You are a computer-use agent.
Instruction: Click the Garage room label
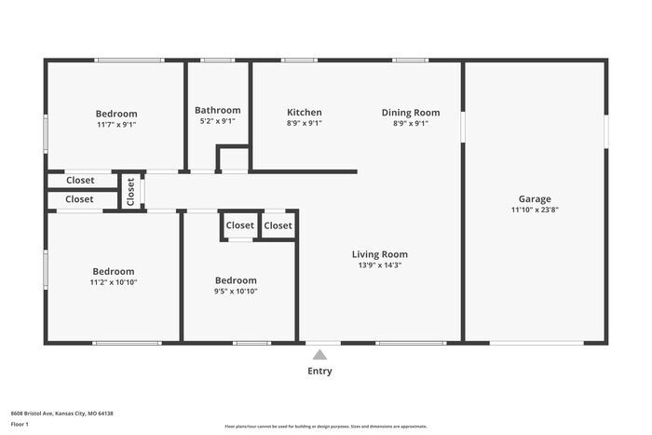pyautogui.click(x=535, y=198)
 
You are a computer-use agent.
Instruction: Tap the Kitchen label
pyautogui.click(x=305, y=113)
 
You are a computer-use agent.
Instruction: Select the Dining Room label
pyautogui.click(x=411, y=113)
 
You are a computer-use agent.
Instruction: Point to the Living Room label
pyautogui.click(x=380, y=254)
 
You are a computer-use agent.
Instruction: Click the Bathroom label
pyautogui.click(x=217, y=110)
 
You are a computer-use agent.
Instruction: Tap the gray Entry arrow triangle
pyautogui.click(x=319, y=354)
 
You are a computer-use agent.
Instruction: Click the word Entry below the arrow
pyautogui.click(x=319, y=371)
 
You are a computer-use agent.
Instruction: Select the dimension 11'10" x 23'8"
pyautogui.click(x=535, y=210)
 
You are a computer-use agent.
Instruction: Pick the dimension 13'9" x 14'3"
pyautogui.click(x=380, y=265)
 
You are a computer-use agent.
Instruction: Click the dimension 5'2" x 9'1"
pyautogui.click(x=217, y=121)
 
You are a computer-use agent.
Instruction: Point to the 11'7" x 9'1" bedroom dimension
pyautogui.click(x=116, y=124)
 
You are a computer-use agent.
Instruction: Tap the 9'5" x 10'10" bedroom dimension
pyautogui.click(x=236, y=292)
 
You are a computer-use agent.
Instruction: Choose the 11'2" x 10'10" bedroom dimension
pyautogui.click(x=114, y=282)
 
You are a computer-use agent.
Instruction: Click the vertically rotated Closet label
pyautogui.click(x=130, y=192)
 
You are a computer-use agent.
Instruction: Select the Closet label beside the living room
pyautogui.click(x=278, y=225)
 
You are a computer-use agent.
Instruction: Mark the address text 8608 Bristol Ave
pyautogui.click(x=32, y=414)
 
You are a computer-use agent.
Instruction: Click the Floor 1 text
pyautogui.click(x=20, y=424)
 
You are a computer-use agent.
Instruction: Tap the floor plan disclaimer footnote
pyautogui.click(x=326, y=427)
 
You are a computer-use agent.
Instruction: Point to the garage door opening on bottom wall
pyautogui.click(x=537, y=343)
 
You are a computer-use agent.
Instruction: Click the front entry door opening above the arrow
pyautogui.click(x=323, y=343)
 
